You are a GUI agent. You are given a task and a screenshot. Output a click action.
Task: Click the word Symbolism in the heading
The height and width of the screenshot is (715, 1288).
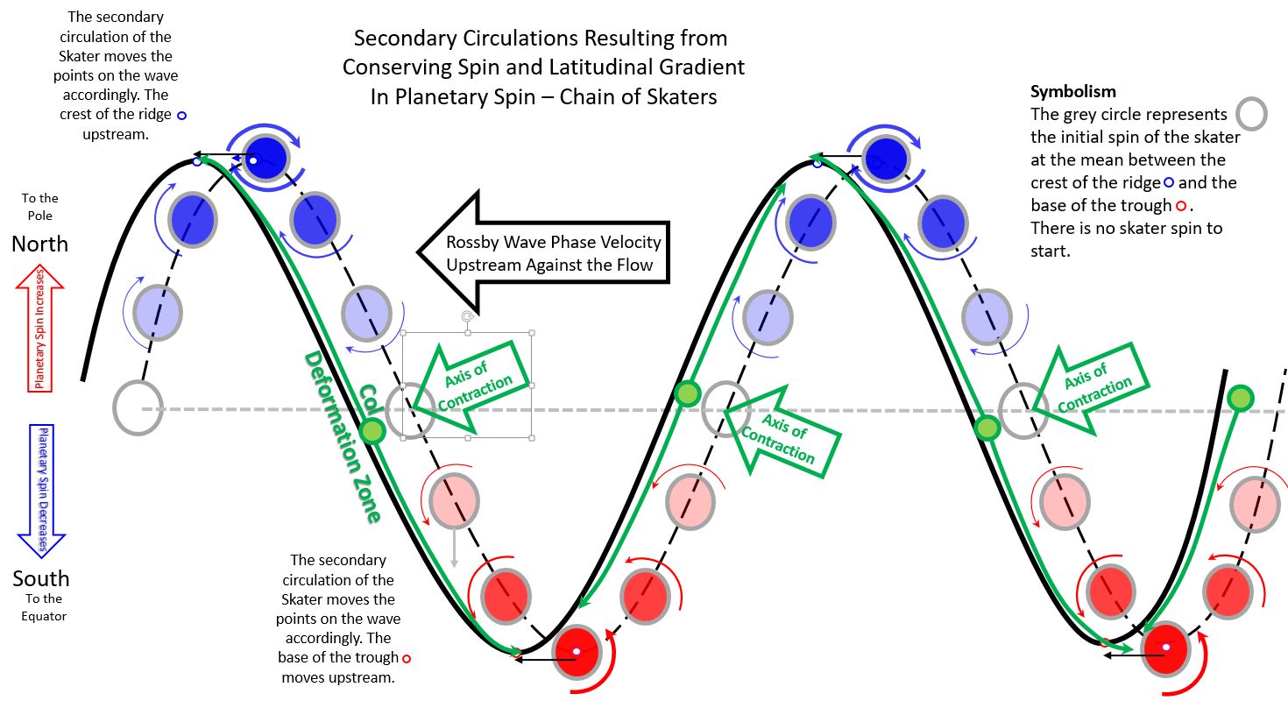click(1060, 91)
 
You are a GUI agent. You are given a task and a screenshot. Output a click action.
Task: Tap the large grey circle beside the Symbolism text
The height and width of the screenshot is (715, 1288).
click(1251, 114)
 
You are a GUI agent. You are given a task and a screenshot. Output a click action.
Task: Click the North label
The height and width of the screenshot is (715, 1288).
click(40, 244)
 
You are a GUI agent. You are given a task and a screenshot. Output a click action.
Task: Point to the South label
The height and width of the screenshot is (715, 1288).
click(41, 578)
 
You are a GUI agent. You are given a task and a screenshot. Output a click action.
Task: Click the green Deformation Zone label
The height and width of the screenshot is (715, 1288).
click(342, 438)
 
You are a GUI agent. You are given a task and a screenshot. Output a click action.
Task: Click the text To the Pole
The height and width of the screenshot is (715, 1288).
click(40, 207)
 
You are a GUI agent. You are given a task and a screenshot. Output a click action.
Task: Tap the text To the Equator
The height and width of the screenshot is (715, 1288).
click(44, 607)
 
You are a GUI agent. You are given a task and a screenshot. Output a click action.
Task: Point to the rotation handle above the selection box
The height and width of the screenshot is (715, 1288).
click(468, 316)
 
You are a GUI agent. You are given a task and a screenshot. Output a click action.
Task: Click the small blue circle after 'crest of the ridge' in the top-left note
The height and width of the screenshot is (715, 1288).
click(182, 115)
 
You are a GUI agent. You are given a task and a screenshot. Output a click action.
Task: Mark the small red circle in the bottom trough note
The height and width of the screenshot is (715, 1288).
click(407, 658)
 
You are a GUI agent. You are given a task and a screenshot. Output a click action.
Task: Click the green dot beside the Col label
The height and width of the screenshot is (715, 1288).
click(372, 430)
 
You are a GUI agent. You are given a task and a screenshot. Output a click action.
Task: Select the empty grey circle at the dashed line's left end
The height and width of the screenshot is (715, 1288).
click(138, 407)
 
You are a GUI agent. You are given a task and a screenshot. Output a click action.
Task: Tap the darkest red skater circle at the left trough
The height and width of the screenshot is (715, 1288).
click(577, 652)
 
